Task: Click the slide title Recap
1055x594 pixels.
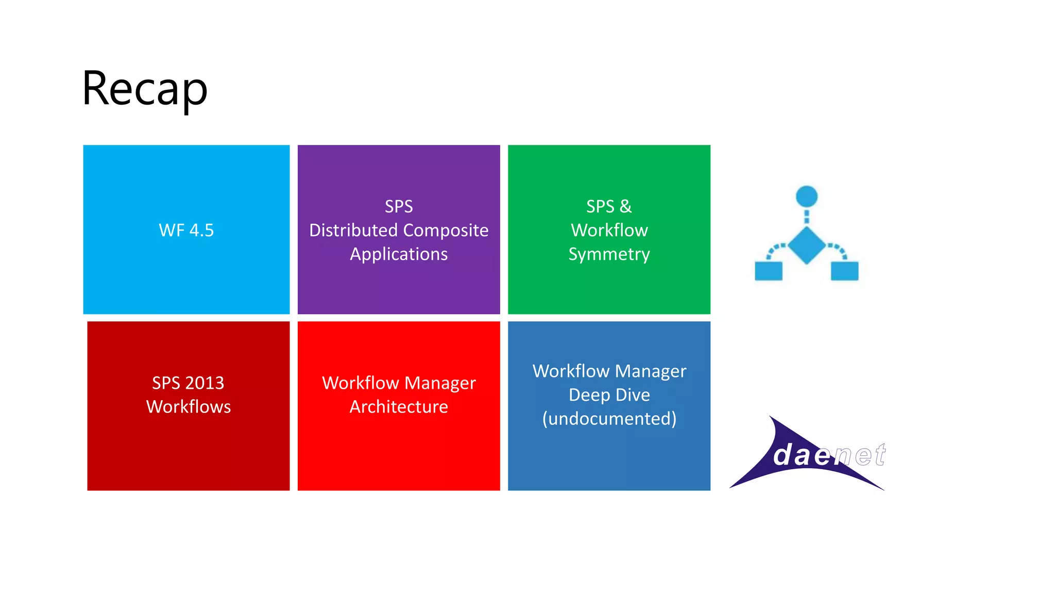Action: [145, 89]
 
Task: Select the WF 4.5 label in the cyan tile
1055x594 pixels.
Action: [186, 230]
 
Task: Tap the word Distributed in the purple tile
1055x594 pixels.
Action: [352, 230]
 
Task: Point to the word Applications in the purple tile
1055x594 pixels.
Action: [399, 254]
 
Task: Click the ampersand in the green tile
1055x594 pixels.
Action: [625, 206]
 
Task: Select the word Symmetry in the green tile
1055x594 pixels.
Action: [609, 254]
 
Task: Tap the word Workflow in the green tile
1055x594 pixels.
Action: [609, 230]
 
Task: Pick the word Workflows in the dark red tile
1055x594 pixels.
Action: [189, 406]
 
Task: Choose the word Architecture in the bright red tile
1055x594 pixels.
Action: [399, 406]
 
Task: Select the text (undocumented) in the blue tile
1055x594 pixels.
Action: [609, 418]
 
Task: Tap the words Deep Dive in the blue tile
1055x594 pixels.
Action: [609, 394]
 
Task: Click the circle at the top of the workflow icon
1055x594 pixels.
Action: [807, 196]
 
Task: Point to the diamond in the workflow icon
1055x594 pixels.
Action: [807, 245]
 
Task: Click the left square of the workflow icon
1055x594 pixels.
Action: [769, 271]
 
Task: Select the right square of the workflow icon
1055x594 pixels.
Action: [844, 271]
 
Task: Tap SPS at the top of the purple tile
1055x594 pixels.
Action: [399, 206]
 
